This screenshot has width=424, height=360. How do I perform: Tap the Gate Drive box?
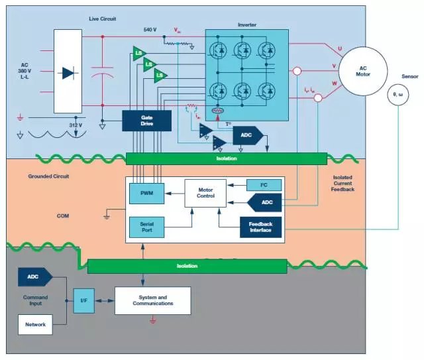tap(146, 120)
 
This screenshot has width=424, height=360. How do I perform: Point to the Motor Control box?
tap(205, 193)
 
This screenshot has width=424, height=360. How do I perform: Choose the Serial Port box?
tap(146, 227)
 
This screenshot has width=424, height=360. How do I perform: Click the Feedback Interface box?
tap(260, 227)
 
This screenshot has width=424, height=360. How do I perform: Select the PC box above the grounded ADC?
tap(259, 185)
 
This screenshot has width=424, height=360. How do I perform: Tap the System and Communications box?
tap(152, 300)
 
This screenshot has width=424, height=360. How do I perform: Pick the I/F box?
tap(83, 300)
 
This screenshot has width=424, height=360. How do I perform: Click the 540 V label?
tap(150, 30)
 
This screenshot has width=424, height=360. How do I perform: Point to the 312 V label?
tap(76, 125)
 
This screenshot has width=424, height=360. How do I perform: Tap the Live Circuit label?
tap(102, 19)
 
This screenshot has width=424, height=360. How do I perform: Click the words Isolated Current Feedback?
tap(342, 184)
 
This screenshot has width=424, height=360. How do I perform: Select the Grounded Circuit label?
tap(49, 177)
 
